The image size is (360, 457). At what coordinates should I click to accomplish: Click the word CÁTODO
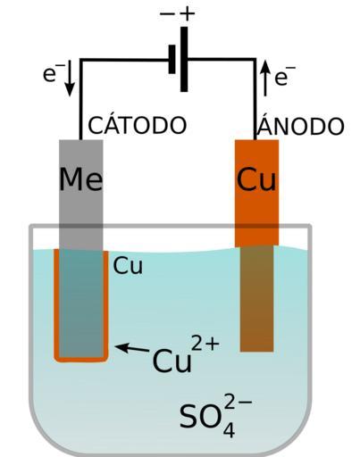[x=137, y=125]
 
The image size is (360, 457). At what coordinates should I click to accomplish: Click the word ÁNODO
[x=300, y=126]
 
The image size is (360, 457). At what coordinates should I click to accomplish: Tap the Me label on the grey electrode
[x=81, y=179]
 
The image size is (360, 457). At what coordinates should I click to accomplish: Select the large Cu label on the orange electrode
[x=256, y=179]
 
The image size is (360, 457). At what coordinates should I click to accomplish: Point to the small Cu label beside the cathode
[x=128, y=265]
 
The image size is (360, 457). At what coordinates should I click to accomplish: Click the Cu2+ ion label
[x=186, y=354]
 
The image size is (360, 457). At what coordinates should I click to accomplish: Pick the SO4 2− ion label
[x=216, y=415]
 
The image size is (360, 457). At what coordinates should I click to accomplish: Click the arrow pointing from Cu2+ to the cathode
[x=132, y=348]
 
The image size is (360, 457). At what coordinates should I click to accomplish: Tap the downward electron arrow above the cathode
[x=70, y=79]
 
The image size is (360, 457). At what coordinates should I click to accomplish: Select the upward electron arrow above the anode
[x=265, y=79]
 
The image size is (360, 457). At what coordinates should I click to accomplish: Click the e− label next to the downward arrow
[x=50, y=72]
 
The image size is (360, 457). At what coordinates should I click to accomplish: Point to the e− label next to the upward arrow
[x=285, y=76]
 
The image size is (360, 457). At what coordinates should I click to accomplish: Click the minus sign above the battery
[x=167, y=13]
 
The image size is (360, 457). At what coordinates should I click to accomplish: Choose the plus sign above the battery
[x=187, y=13]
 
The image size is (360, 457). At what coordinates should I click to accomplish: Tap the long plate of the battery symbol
[x=184, y=59]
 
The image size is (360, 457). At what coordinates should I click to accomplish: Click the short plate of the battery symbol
[x=172, y=59]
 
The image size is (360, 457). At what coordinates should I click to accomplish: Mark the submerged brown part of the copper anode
[x=256, y=299]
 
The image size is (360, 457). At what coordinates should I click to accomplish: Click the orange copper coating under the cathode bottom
[x=81, y=359]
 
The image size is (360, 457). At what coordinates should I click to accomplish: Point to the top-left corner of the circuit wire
[x=81, y=61]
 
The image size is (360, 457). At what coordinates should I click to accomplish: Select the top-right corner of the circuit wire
[x=255, y=60]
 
